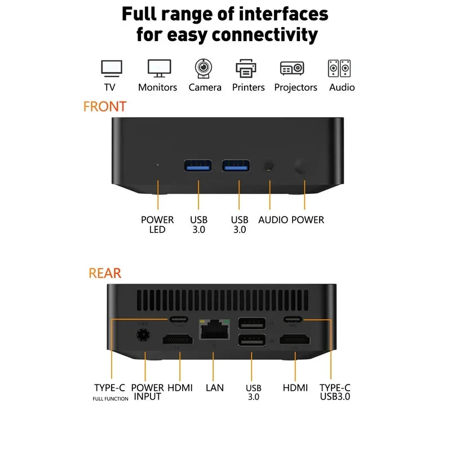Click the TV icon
pyautogui.click(x=111, y=69)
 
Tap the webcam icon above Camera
pyautogui.click(x=204, y=68)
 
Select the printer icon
pyautogui.click(x=247, y=69)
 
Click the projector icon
pyautogui.click(x=292, y=69)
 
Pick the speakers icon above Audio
pyautogui.click(x=339, y=69)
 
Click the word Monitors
pyautogui.click(x=157, y=87)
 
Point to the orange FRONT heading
pyautogui.click(x=105, y=106)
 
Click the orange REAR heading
pyautogui.click(x=105, y=273)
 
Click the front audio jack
pyautogui.click(x=269, y=166)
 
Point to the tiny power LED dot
pyautogui.click(x=157, y=165)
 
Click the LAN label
pyautogui.click(x=214, y=388)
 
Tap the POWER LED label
pyautogui.click(x=157, y=224)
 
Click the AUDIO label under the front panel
pyautogui.click(x=273, y=220)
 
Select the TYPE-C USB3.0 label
pyautogui.click(x=335, y=392)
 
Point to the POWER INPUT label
pyautogui.click(x=147, y=392)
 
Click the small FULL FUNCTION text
pyautogui.click(x=110, y=399)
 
